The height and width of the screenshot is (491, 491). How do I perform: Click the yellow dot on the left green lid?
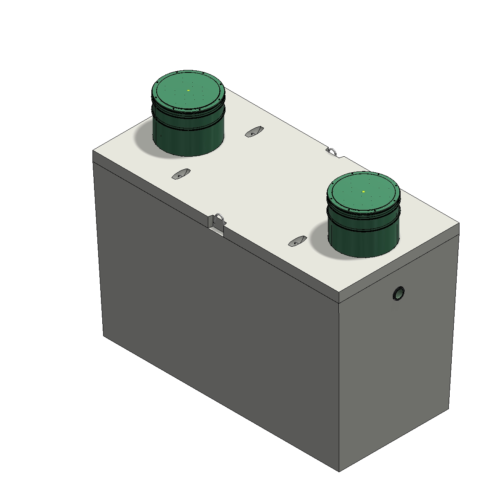(x=188, y=90)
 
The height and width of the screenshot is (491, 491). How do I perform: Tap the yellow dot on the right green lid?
(x=363, y=191)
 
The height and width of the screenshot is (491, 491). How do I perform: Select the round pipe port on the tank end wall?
(x=398, y=293)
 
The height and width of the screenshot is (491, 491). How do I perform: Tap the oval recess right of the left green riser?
(x=254, y=132)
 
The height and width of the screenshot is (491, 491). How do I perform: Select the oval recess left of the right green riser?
(x=297, y=241)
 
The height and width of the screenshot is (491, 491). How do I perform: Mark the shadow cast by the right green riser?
(x=319, y=241)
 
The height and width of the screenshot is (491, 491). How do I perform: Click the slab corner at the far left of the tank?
(x=93, y=151)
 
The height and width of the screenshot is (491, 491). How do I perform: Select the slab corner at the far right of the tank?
(x=459, y=223)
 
